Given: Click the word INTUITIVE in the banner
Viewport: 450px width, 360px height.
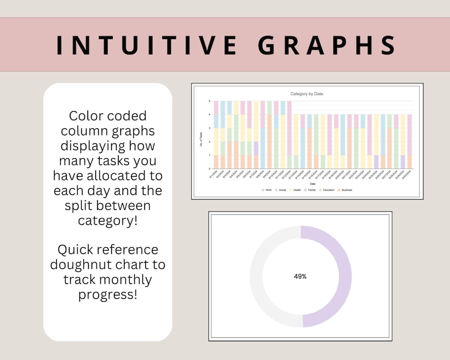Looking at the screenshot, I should click(143, 45).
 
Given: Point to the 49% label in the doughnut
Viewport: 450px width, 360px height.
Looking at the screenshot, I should click(300, 277).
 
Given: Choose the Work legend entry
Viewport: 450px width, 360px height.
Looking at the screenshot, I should click(268, 190).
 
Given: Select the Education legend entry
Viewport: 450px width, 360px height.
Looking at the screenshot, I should click(329, 190).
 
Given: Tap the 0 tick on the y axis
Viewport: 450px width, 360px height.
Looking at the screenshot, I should click(210, 169).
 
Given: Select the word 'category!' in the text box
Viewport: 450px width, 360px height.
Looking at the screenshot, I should click(108, 220).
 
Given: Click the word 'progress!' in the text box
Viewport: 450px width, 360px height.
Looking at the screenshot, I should click(108, 294).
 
